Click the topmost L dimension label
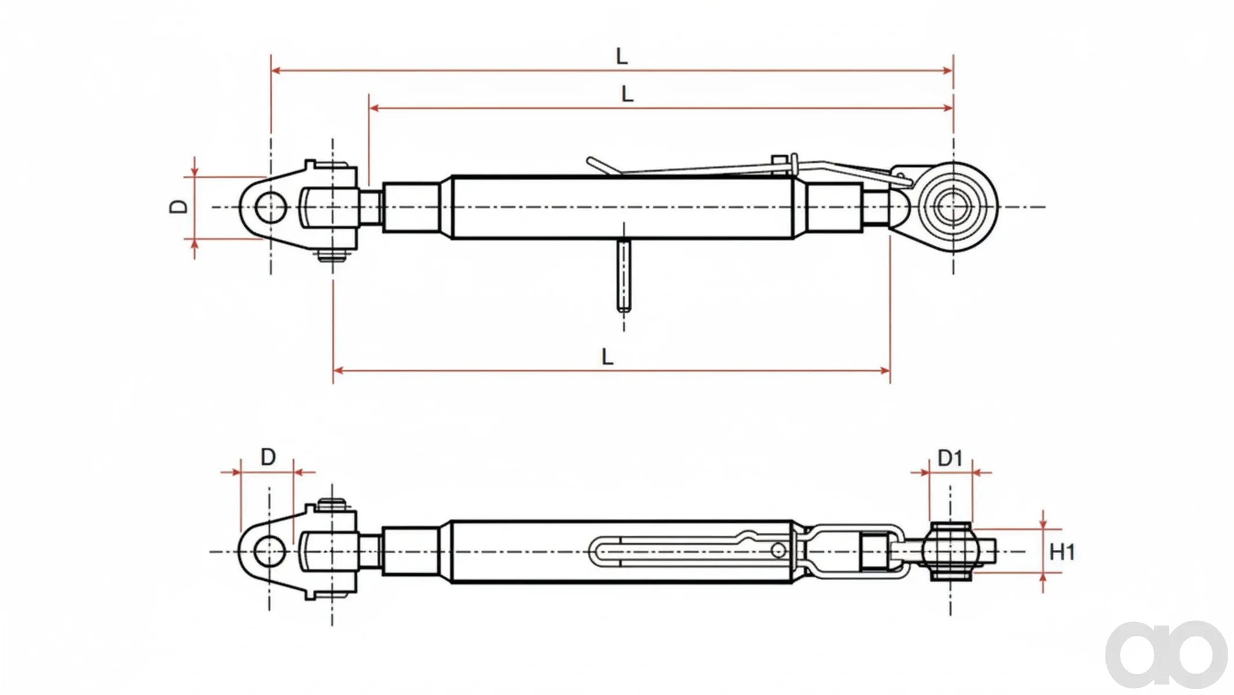(622, 56)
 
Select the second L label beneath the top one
(627, 94)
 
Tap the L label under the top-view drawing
(607, 356)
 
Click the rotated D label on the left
(179, 207)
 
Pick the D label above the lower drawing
(268, 458)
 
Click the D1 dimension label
(950, 458)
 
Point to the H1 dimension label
(1062, 552)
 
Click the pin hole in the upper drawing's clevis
(271, 207)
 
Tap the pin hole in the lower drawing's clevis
(270, 551)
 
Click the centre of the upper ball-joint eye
(953, 207)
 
